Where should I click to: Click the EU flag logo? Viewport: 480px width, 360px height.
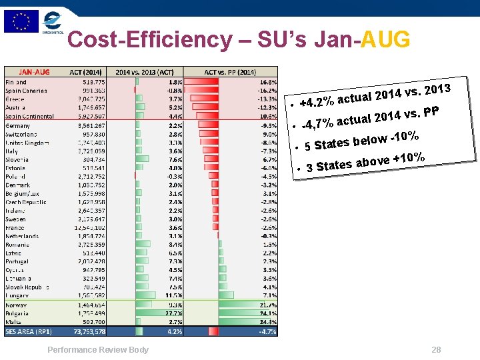pos(21,21)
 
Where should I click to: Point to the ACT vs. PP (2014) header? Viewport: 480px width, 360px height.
pos(230,72)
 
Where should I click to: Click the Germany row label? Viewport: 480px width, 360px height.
pos(18,125)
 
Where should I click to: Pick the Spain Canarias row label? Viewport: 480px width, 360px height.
pos(26,90)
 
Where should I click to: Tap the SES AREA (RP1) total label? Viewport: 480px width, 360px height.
pos(29,331)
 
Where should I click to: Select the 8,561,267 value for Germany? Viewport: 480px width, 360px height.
pos(89,125)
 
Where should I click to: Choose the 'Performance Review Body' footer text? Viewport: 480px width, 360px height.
pos(98,350)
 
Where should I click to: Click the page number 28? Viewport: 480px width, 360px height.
pos(437,350)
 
